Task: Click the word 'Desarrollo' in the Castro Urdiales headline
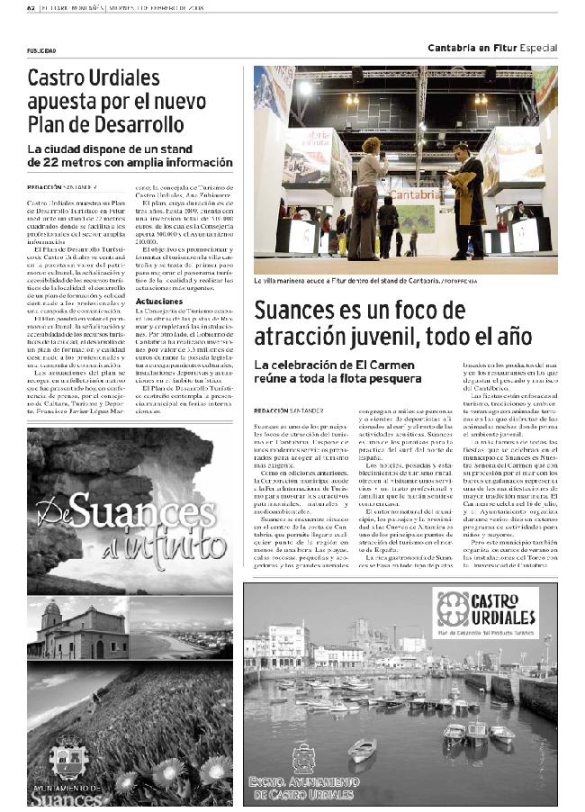pyautogui.click(x=139, y=124)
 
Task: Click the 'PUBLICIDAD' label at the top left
pyautogui.click(x=41, y=51)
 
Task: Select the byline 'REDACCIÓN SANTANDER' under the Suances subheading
pyautogui.click(x=288, y=409)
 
